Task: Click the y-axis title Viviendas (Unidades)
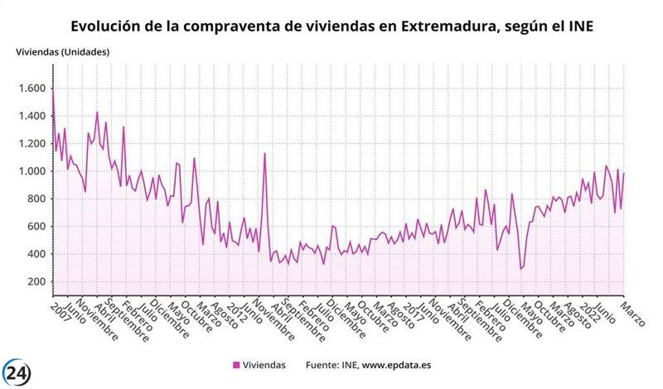click(63, 52)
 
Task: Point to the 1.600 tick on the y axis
click(31, 89)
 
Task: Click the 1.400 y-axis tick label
click(31, 116)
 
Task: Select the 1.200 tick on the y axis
click(31, 144)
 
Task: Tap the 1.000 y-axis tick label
click(31, 171)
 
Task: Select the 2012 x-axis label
click(236, 313)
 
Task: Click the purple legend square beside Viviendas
click(237, 364)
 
